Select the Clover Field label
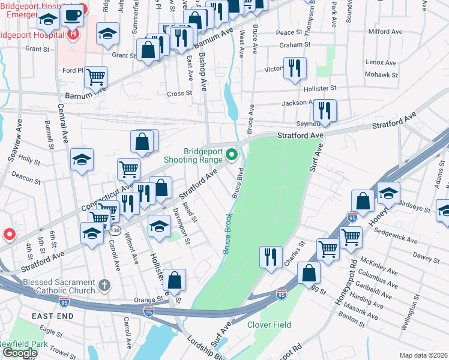click(x=269, y=325)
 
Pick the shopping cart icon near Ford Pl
click(x=95, y=77)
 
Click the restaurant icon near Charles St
click(x=271, y=257)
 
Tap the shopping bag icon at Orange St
click(x=174, y=280)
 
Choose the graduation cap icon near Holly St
click(x=82, y=160)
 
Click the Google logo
click(x=19, y=353)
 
